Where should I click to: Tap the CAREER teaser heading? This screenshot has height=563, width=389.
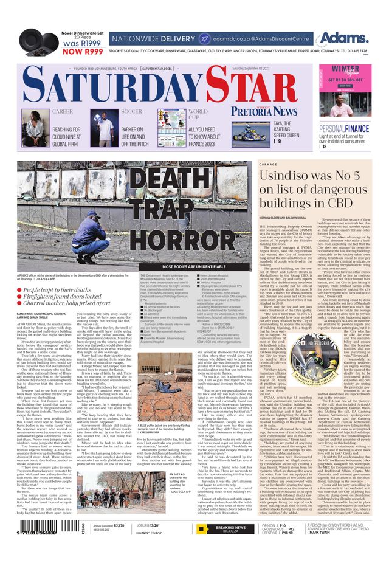(63, 112)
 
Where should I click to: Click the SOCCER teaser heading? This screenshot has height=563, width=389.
(131, 112)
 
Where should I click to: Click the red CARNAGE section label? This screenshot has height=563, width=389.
(267, 164)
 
